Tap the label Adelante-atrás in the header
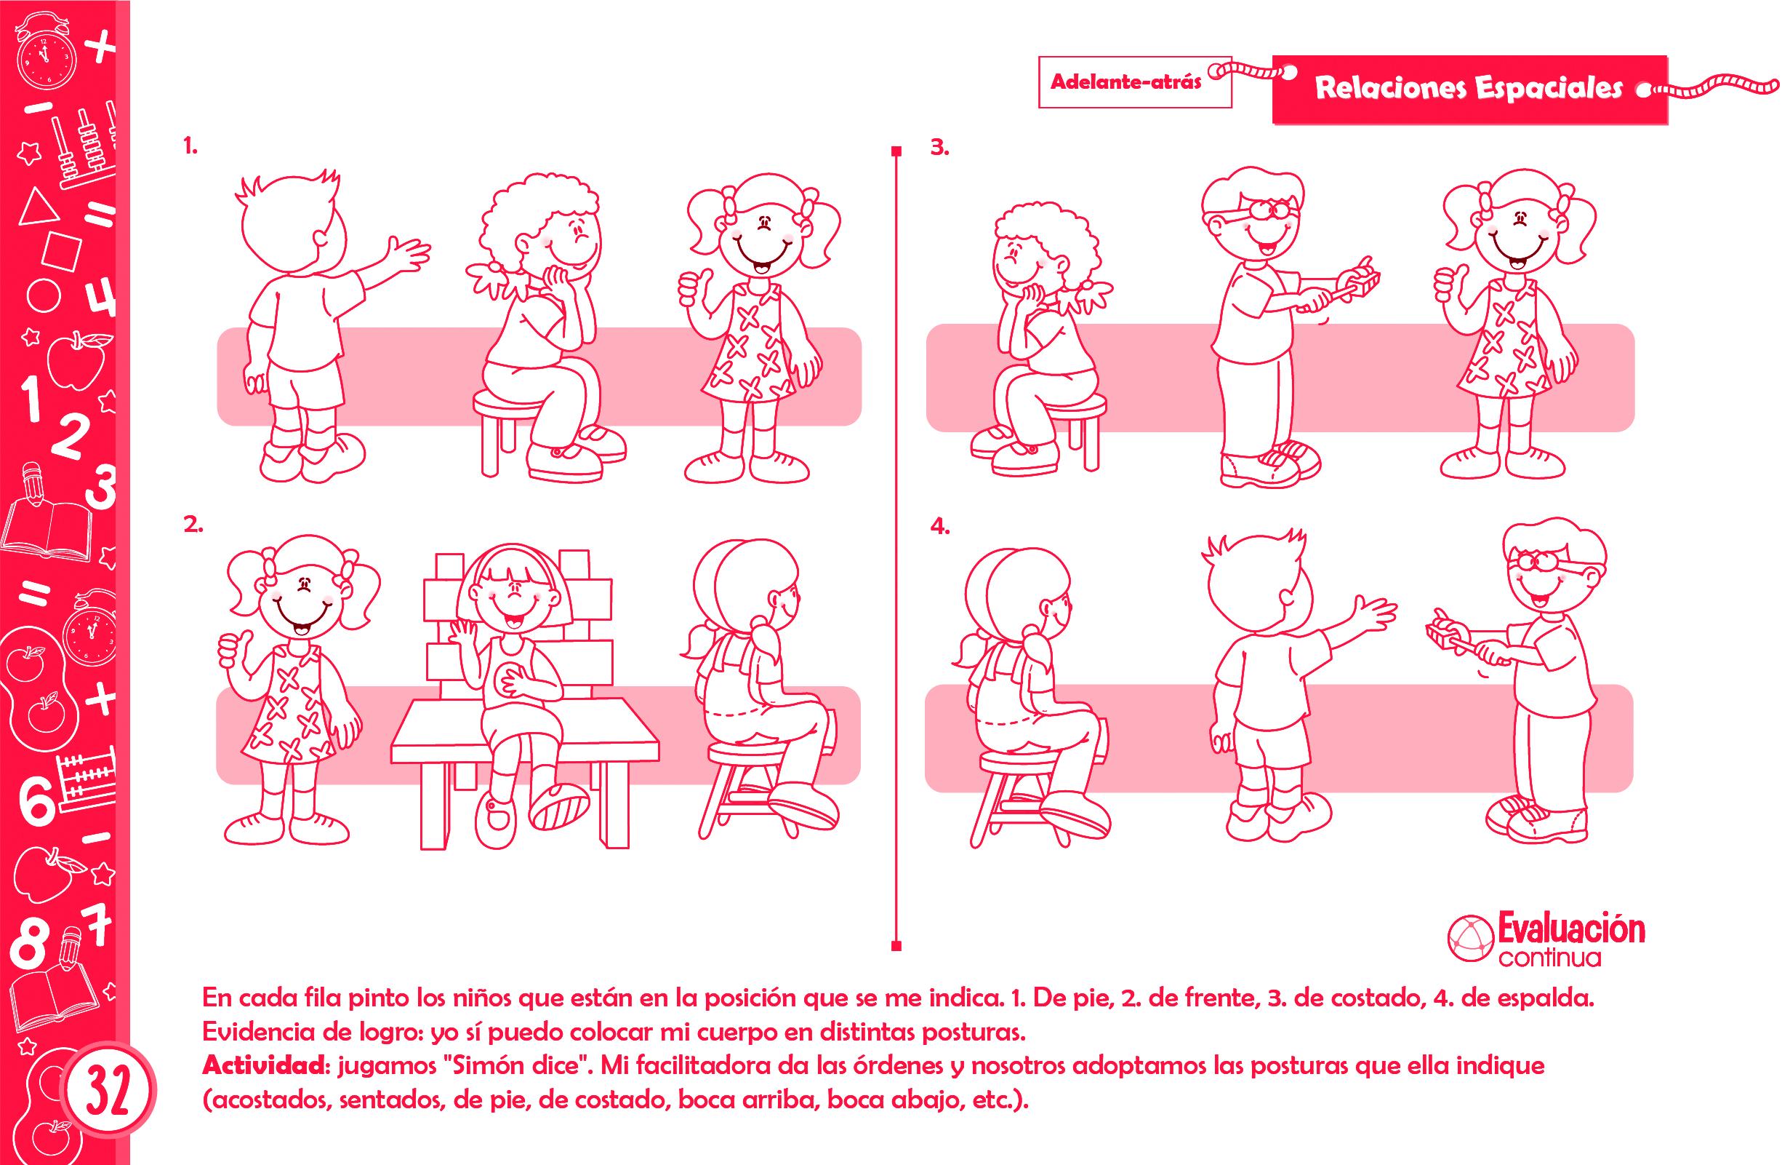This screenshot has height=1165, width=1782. pos(1126,81)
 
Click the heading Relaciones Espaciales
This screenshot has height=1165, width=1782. pos(1469,88)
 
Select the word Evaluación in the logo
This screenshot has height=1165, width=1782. pos(1570,929)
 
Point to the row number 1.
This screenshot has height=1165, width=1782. pos(190,148)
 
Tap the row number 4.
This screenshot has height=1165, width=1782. pos(939,527)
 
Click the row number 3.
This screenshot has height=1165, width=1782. pos(939,148)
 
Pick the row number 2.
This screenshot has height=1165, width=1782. pos(193,526)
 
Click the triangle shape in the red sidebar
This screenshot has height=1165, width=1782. pos(37,207)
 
